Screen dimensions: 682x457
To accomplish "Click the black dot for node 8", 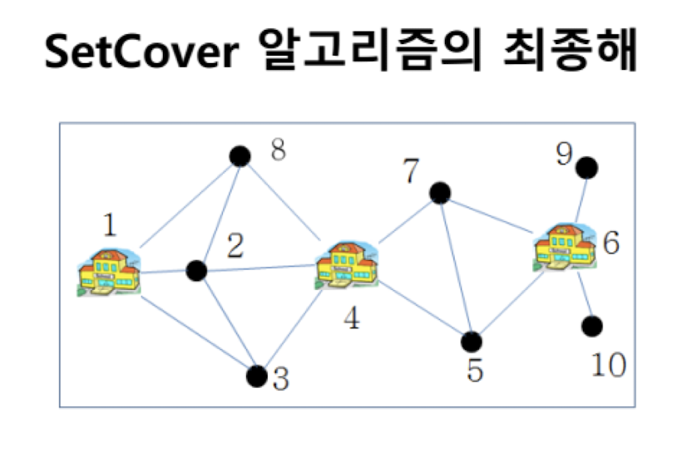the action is click(x=240, y=156).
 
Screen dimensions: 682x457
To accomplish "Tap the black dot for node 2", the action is click(x=197, y=271).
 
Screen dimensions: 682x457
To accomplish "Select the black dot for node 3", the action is click(x=258, y=376).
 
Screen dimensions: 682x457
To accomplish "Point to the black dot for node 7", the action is click(x=440, y=194).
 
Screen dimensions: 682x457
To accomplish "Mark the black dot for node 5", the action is click(x=472, y=342).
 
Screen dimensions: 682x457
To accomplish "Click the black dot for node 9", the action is click(x=587, y=167).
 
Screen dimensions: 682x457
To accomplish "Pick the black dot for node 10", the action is click(x=591, y=326).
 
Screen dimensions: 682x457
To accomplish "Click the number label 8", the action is click(x=278, y=151).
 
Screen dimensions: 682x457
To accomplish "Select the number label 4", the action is click(x=353, y=318).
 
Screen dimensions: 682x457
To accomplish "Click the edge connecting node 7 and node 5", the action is click(x=456, y=268).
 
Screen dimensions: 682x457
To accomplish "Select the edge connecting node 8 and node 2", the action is click(x=219, y=212).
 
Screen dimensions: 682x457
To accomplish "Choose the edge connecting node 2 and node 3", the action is click(x=227, y=323).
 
